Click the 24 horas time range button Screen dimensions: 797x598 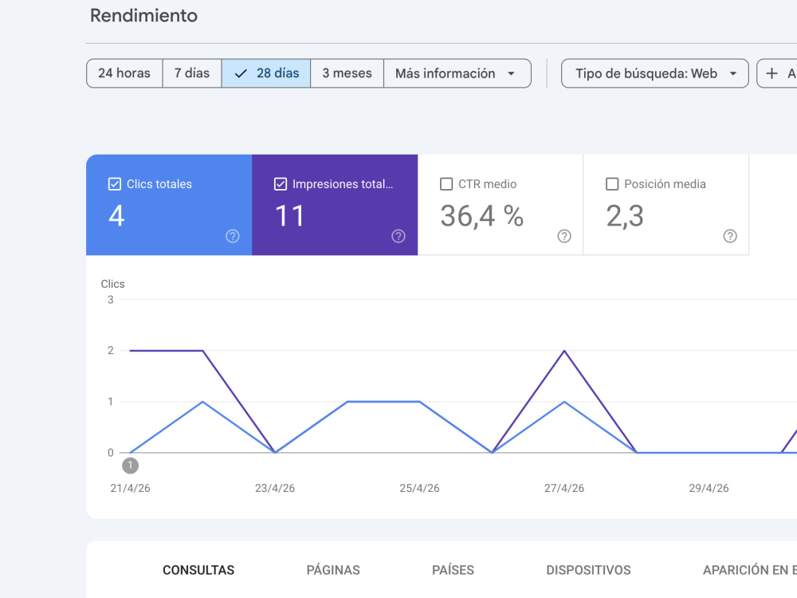tap(124, 73)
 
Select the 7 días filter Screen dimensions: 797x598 tap(192, 73)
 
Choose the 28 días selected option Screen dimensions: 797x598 tap(266, 73)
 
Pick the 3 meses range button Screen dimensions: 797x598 tap(347, 73)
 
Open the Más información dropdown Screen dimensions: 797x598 tap(457, 73)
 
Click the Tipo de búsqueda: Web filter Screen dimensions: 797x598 tap(654, 73)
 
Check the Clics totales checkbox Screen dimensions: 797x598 tap(115, 184)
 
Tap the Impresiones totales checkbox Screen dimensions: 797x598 tap(281, 184)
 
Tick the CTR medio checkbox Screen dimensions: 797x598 tap(446, 184)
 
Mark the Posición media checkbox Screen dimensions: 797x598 tap(612, 184)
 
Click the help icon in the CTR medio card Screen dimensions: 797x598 tap(564, 236)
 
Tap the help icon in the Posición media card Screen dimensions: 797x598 tap(730, 236)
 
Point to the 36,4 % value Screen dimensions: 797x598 tap(482, 216)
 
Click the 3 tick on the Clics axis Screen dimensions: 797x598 tap(110, 300)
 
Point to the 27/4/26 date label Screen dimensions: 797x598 tap(564, 488)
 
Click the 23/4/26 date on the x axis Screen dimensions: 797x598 tap(275, 488)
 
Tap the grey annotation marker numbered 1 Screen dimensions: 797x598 tap(130, 466)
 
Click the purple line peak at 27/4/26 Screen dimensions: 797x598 tap(564, 351)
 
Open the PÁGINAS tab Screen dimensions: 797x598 tap(333, 570)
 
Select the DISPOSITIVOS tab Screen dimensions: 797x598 tap(589, 570)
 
